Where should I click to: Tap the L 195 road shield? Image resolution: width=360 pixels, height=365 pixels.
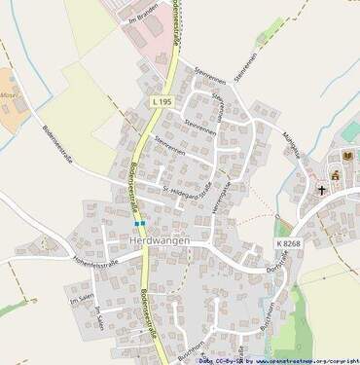click(162, 101)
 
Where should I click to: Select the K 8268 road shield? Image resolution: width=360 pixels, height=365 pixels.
click(287, 242)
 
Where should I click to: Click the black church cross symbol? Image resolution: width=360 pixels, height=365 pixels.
click(321, 190)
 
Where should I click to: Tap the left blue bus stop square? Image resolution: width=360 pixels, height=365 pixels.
click(137, 223)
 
